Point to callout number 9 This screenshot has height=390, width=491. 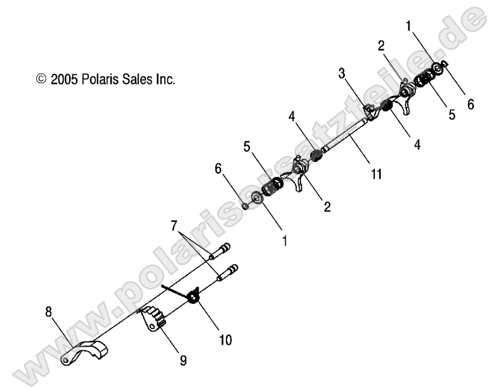[182, 362]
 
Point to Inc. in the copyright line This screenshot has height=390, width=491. [165, 80]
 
